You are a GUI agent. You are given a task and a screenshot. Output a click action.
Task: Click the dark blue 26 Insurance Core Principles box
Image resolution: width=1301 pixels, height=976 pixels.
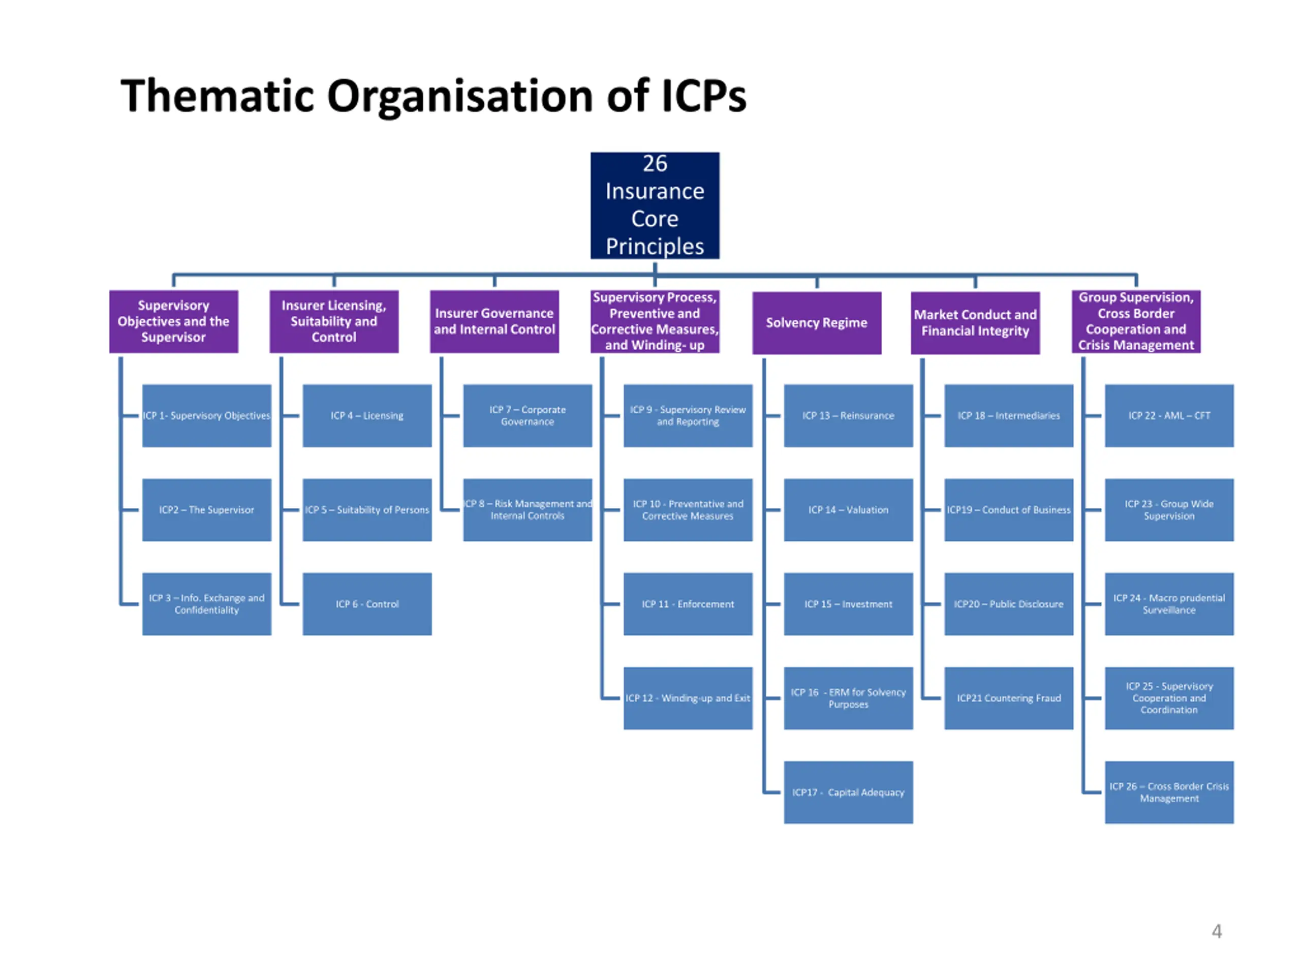(x=655, y=205)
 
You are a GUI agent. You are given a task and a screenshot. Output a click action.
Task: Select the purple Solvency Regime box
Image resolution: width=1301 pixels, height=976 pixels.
(x=816, y=323)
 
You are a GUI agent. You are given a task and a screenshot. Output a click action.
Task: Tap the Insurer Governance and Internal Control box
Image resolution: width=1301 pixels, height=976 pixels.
(x=494, y=321)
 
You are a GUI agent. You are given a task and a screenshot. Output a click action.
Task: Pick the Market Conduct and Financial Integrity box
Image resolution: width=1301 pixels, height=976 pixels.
(x=975, y=323)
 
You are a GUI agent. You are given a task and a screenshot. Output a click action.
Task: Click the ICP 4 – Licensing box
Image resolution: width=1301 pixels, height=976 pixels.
(x=367, y=415)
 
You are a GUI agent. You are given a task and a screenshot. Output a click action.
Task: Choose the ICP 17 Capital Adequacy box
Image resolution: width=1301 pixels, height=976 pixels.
(x=848, y=792)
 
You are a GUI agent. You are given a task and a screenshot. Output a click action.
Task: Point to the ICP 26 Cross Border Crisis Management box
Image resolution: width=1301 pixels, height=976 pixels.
(x=1169, y=792)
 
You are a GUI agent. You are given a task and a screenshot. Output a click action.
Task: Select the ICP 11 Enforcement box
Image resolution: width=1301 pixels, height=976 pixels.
(x=688, y=604)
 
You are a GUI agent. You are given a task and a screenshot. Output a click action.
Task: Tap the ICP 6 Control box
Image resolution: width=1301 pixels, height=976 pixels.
(x=367, y=604)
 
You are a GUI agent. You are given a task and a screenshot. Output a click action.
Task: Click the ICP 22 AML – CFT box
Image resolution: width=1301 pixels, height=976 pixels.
(x=1169, y=415)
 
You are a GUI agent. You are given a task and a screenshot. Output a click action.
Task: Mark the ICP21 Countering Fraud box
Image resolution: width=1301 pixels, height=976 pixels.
(x=1009, y=698)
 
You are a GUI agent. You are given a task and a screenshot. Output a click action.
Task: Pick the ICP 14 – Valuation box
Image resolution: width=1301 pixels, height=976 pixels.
(x=848, y=510)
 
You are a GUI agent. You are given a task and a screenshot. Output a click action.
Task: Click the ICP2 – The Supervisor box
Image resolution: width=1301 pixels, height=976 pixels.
(x=206, y=510)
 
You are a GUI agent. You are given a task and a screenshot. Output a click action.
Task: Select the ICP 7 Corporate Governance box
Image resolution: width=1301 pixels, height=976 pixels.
(x=528, y=415)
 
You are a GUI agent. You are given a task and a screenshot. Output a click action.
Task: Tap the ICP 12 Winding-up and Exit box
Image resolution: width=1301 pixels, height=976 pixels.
(x=688, y=698)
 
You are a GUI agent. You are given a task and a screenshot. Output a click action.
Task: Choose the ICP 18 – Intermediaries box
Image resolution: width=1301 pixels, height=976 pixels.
(x=1009, y=415)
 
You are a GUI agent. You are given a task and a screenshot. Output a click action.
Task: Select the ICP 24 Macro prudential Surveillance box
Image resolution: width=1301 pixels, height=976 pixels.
(x=1169, y=604)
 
